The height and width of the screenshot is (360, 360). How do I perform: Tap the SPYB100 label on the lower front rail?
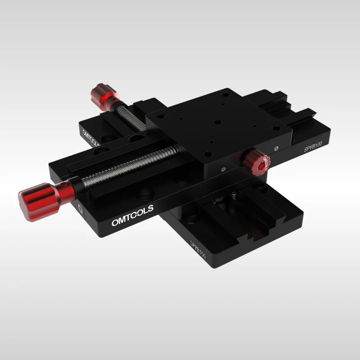click(198, 250)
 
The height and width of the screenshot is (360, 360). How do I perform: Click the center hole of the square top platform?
click(216, 122)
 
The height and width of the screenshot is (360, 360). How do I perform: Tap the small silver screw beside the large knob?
click(80, 207)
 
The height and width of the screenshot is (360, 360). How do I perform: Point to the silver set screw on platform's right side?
click(275, 146)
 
